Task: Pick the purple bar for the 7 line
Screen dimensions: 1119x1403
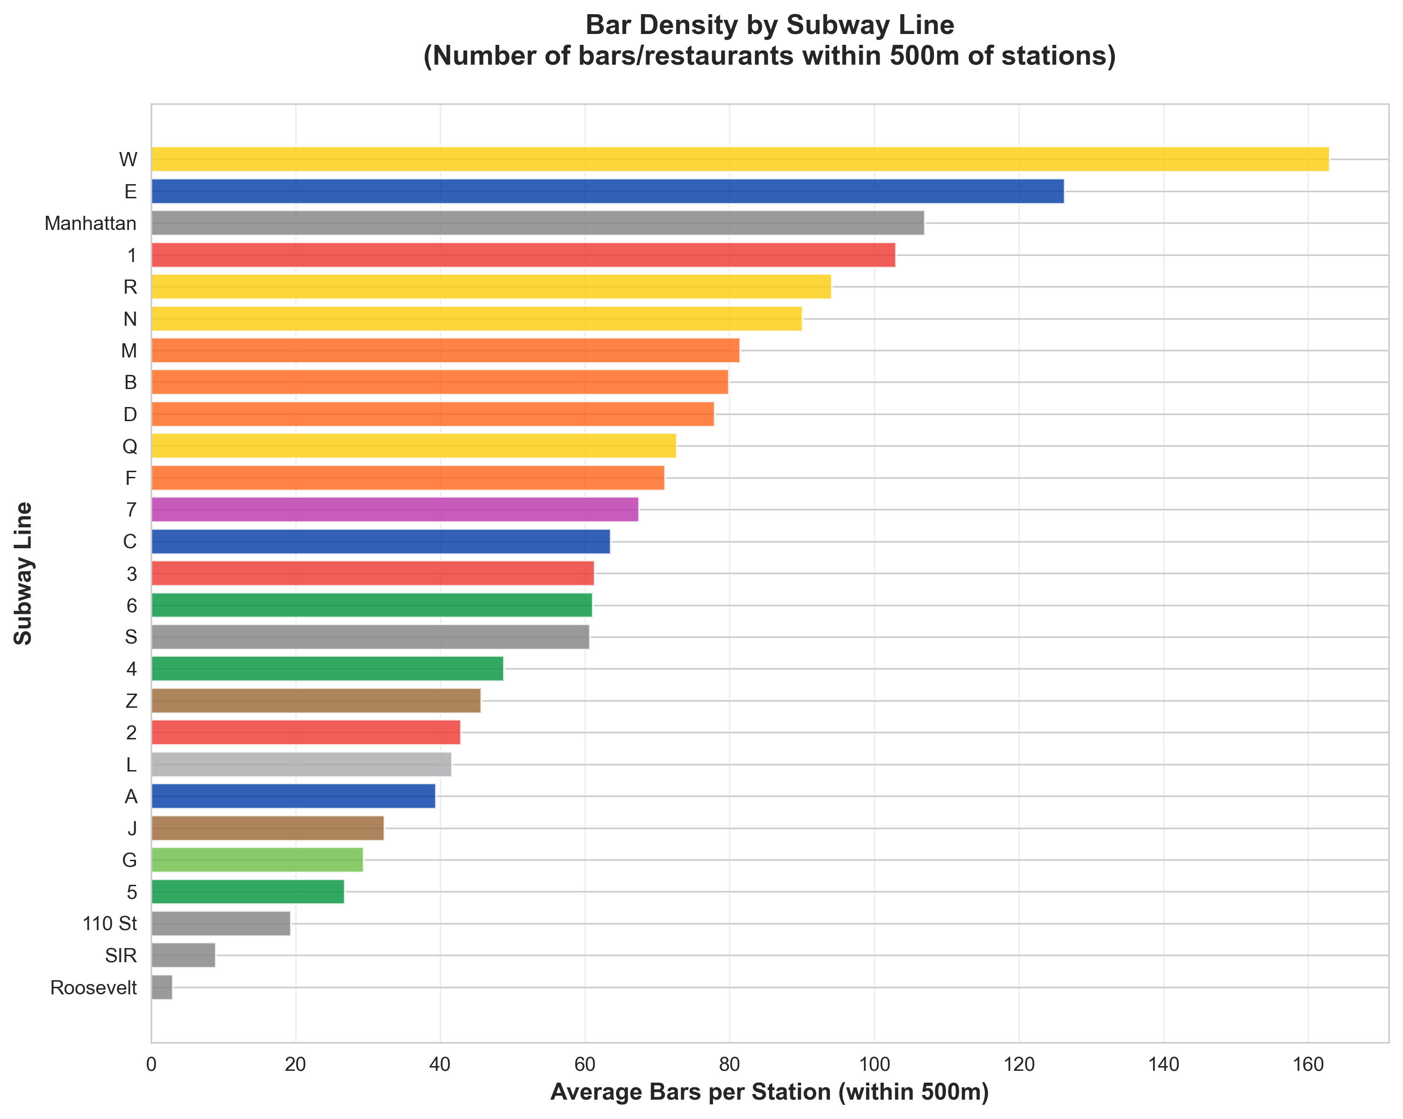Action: tap(394, 509)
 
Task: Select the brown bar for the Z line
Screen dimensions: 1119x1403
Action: tap(316, 701)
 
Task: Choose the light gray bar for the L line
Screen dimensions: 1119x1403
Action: tap(300, 764)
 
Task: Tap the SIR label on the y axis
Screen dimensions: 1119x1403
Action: tap(120, 956)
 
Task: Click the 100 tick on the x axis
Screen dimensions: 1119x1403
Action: tap(874, 1064)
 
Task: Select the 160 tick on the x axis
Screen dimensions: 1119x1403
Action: tap(1308, 1064)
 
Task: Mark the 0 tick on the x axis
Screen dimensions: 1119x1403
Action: tap(152, 1064)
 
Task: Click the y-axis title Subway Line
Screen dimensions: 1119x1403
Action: tap(24, 573)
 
